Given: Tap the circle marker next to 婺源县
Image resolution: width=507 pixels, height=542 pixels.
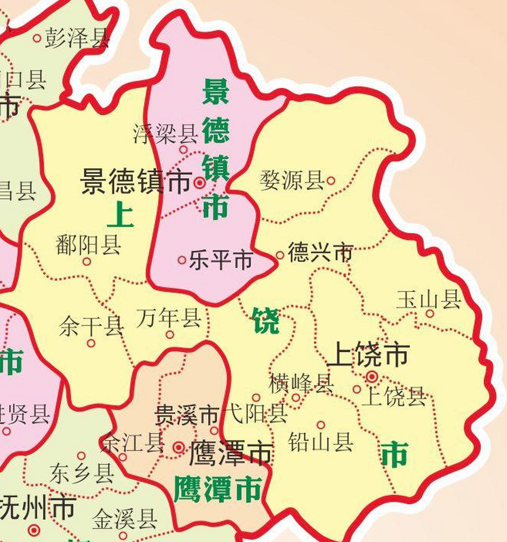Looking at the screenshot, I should [x=331, y=181].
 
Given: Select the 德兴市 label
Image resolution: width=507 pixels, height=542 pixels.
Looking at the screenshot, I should [x=320, y=253].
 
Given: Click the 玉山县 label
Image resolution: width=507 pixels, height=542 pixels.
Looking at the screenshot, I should [x=429, y=300].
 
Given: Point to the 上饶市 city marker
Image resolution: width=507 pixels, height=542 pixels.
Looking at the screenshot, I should [x=372, y=376].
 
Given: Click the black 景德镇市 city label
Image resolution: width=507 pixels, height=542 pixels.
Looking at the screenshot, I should [x=136, y=182].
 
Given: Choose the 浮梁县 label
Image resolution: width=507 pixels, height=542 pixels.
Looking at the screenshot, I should [x=165, y=133].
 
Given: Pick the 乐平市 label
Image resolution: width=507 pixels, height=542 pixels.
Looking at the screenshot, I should [x=221, y=260].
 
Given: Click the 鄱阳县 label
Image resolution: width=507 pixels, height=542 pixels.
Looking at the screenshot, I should [x=88, y=245].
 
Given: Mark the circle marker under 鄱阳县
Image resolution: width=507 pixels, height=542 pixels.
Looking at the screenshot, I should [x=87, y=262].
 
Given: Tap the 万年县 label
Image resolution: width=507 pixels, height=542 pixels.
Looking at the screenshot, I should [x=168, y=318].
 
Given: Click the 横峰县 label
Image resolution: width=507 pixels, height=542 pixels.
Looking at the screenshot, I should [x=301, y=383].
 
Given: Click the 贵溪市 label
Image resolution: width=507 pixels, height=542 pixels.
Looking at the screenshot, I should [x=185, y=415].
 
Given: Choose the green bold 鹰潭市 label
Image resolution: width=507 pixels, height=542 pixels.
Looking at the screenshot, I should [x=217, y=489].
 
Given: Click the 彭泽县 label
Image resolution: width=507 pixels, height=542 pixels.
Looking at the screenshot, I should [x=77, y=38].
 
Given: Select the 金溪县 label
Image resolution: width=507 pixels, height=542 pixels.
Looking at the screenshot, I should [x=125, y=519].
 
